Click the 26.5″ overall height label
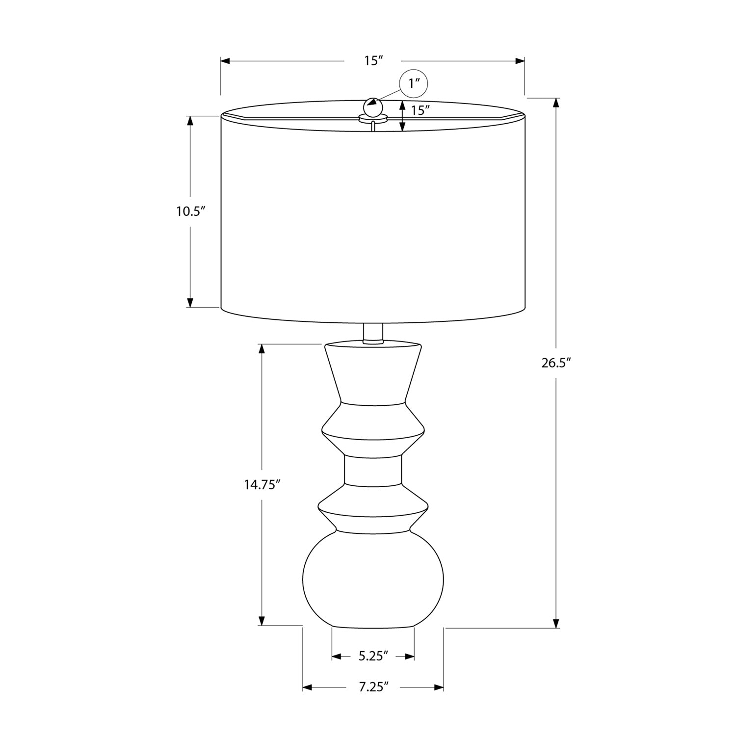pos(557,363)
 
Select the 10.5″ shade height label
pos(190,211)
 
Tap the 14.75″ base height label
pos(262,485)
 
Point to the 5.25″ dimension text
pos(373,656)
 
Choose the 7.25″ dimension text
pos(373,687)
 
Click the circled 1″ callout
pos(414,83)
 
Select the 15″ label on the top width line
pos(373,61)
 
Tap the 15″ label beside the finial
pos(421,110)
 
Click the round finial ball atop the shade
pos(372,106)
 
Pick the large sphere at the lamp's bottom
pos(373,579)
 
